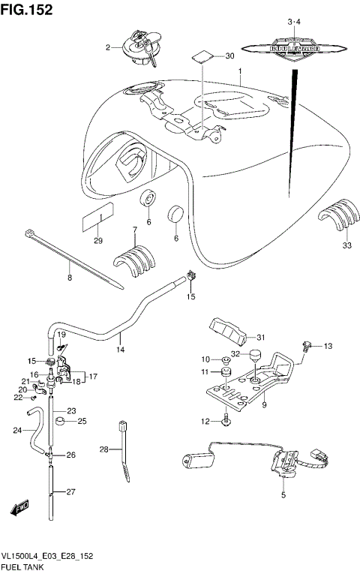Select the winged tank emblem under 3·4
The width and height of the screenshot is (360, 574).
tap(289, 49)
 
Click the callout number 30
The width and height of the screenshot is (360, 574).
tap(229, 56)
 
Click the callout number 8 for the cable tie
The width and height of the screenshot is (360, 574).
tap(70, 278)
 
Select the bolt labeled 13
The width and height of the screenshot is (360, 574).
tap(307, 346)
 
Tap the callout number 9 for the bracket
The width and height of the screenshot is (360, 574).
tap(264, 406)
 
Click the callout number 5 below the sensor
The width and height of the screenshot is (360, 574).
tap(283, 495)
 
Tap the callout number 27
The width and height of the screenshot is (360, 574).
tap(70, 492)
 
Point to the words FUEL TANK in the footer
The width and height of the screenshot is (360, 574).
tap(24, 567)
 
